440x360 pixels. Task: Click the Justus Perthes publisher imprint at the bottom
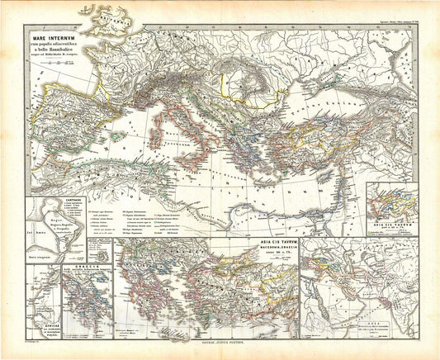click(x=220, y=353)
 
